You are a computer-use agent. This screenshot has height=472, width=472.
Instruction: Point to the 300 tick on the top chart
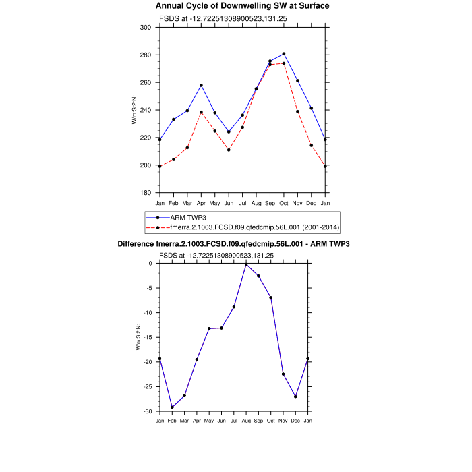[x=146, y=28]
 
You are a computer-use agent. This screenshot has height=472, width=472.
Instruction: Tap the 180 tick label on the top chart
[x=146, y=193]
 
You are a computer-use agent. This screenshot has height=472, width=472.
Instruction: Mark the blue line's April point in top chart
[x=201, y=86]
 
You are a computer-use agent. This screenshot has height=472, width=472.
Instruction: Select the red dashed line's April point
[x=201, y=112]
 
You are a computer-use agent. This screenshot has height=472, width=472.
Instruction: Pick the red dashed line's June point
[x=229, y=150]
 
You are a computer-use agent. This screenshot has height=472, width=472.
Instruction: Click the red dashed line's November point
[x=297, y=111]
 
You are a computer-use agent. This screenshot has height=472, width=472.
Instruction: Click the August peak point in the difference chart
[x=246, y=264]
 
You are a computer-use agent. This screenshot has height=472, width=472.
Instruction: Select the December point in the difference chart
[x=295, y=396]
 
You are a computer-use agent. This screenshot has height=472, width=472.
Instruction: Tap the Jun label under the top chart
[x=229, y=203]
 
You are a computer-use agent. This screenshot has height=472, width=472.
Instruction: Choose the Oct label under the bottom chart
[x=271, y=421]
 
